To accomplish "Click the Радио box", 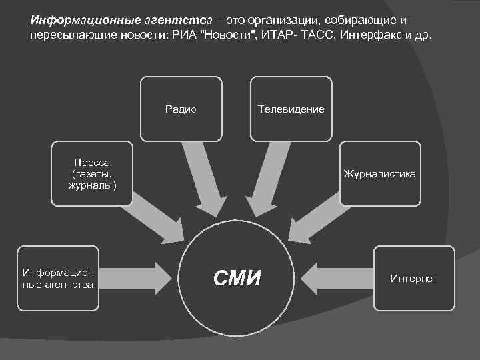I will (181, 109).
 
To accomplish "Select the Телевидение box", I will (291, 109).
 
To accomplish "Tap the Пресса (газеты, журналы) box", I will (92, 173).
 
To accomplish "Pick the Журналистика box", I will (380, 173).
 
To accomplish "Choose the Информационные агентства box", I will (58, 279).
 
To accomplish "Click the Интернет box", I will (413, 279).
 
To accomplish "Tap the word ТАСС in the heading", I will (313, 34).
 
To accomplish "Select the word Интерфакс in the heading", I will (367, 34).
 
